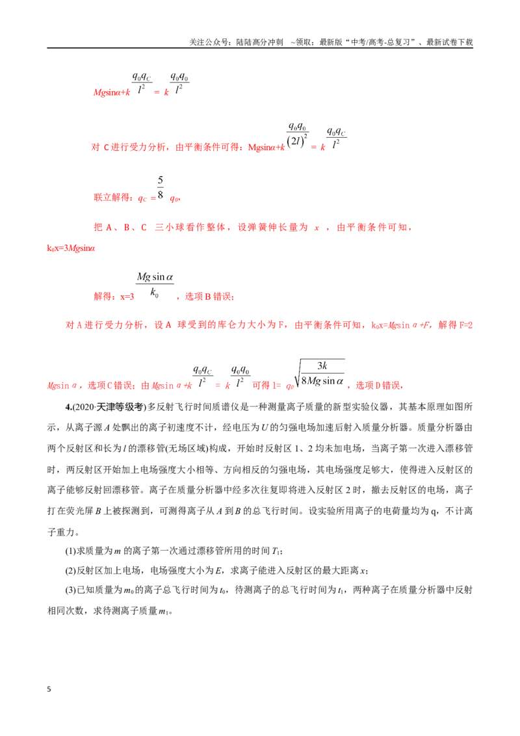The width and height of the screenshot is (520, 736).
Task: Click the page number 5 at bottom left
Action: pyautogui.click(x=49, y=689)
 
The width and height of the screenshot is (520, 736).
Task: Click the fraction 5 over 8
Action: pyautogui.click(x=161, y=187)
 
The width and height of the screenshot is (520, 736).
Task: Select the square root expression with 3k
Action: pyautogui.click(x=319, y=374)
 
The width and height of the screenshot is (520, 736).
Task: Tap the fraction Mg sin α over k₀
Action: pyautogui.click(x=155, y=284)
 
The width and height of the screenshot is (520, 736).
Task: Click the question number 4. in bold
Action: pyautogui.click(x=68, y=407)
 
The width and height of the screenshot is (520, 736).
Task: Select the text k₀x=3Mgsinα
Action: pyautogui.click(x=71, y=248)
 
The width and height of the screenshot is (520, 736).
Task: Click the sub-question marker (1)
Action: pyautogui.click(x=70, y=551)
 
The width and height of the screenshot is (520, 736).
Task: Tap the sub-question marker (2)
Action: pyautogui.click(x=70, y=571)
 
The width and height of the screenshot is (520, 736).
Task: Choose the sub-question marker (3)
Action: pyautogui.click(x=70, y=590)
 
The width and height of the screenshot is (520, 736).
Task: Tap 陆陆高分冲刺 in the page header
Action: pyautogui.click(x=259, y=42)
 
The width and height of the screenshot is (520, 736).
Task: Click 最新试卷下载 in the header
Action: pyautogui.click(x=449, y=42)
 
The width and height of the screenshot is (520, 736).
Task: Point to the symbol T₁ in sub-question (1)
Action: pyautogui.click(x=276, y=551)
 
